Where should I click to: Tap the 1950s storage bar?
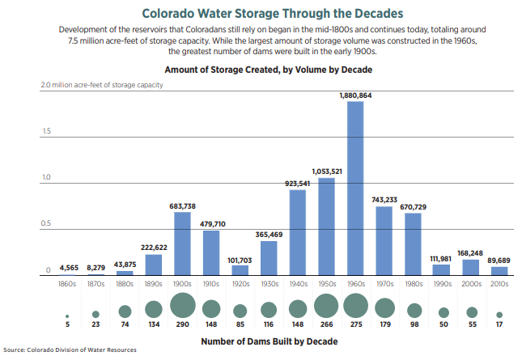327,227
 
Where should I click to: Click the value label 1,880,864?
355,95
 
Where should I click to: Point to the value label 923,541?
298,184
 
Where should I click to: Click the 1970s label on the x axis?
384,285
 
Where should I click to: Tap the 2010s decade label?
499,285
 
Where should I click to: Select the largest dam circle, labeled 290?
183,307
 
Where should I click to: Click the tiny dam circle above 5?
67,316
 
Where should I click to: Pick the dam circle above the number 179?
384,307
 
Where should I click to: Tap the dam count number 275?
355,325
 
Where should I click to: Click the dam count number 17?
499,325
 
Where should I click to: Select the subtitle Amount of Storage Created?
262,70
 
